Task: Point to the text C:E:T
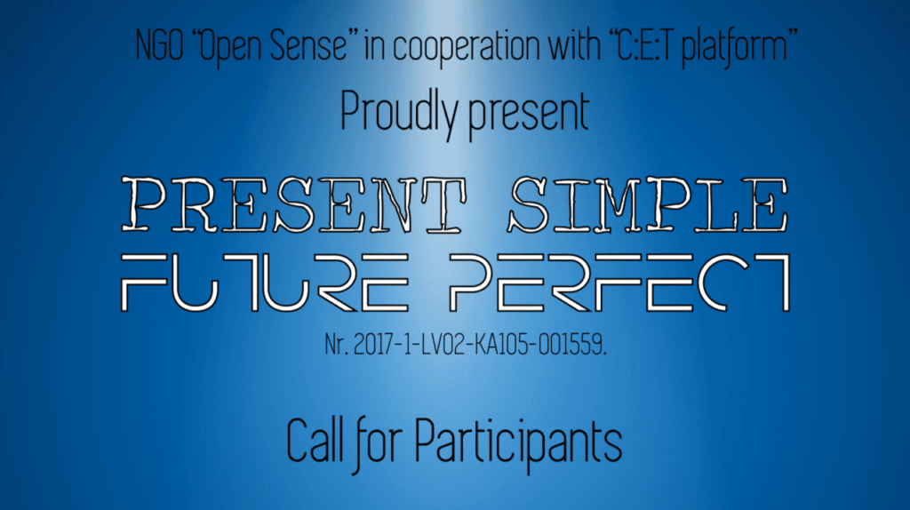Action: click(643, 45)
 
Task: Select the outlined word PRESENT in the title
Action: click(293, 205)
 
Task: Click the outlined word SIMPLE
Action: click(648, 205)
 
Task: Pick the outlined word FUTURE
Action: click(265, 283)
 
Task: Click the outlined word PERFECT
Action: click(619, 283)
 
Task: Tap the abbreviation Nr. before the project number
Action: click(335, 345)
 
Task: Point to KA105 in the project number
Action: click(503, 345)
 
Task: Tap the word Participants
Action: click(518, 444)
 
